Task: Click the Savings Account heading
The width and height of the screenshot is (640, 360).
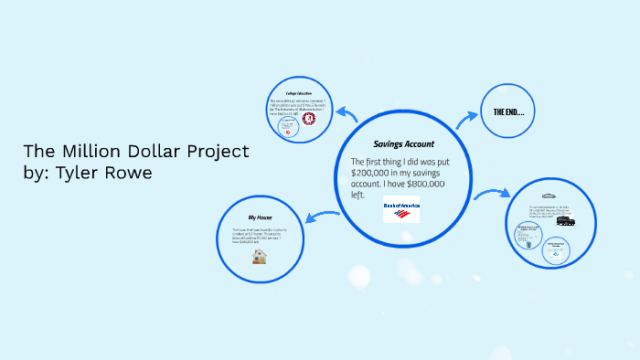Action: (x=403, y=144)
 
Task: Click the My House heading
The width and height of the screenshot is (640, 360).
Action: (x=260, y=217)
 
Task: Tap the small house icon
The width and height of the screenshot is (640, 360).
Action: (x=260, y=257)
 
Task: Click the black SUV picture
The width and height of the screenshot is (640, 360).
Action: (x=565, y=221)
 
